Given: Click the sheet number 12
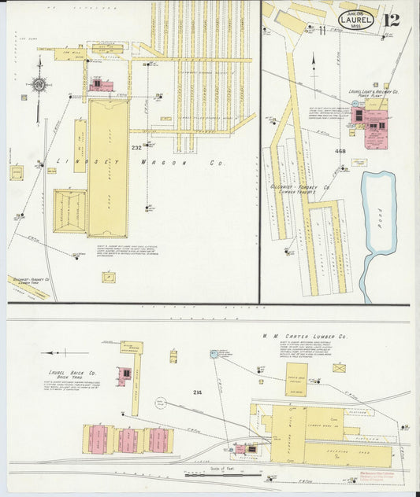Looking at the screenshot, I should [392, 20].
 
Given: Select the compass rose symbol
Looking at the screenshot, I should [37, 84].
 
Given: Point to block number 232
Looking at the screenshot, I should [136, 147].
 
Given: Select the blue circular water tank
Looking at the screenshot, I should [213, 355].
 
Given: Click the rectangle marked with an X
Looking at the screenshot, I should [339, 367].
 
